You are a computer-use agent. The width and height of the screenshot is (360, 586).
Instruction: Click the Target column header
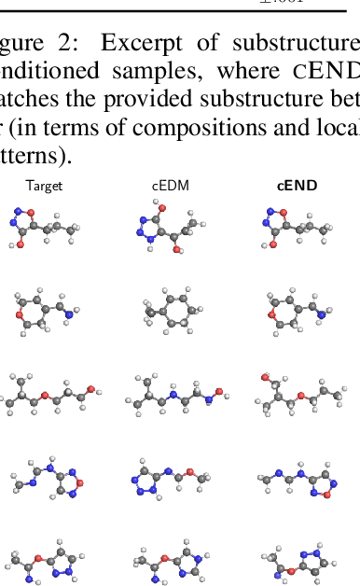tap(44, 186)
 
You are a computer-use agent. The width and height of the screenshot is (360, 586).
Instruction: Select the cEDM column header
tap(171, 186)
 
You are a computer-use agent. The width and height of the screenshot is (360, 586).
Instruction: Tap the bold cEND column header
tap(298, 186)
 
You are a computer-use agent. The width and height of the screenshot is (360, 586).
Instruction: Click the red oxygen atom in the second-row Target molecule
tap(21, 315)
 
